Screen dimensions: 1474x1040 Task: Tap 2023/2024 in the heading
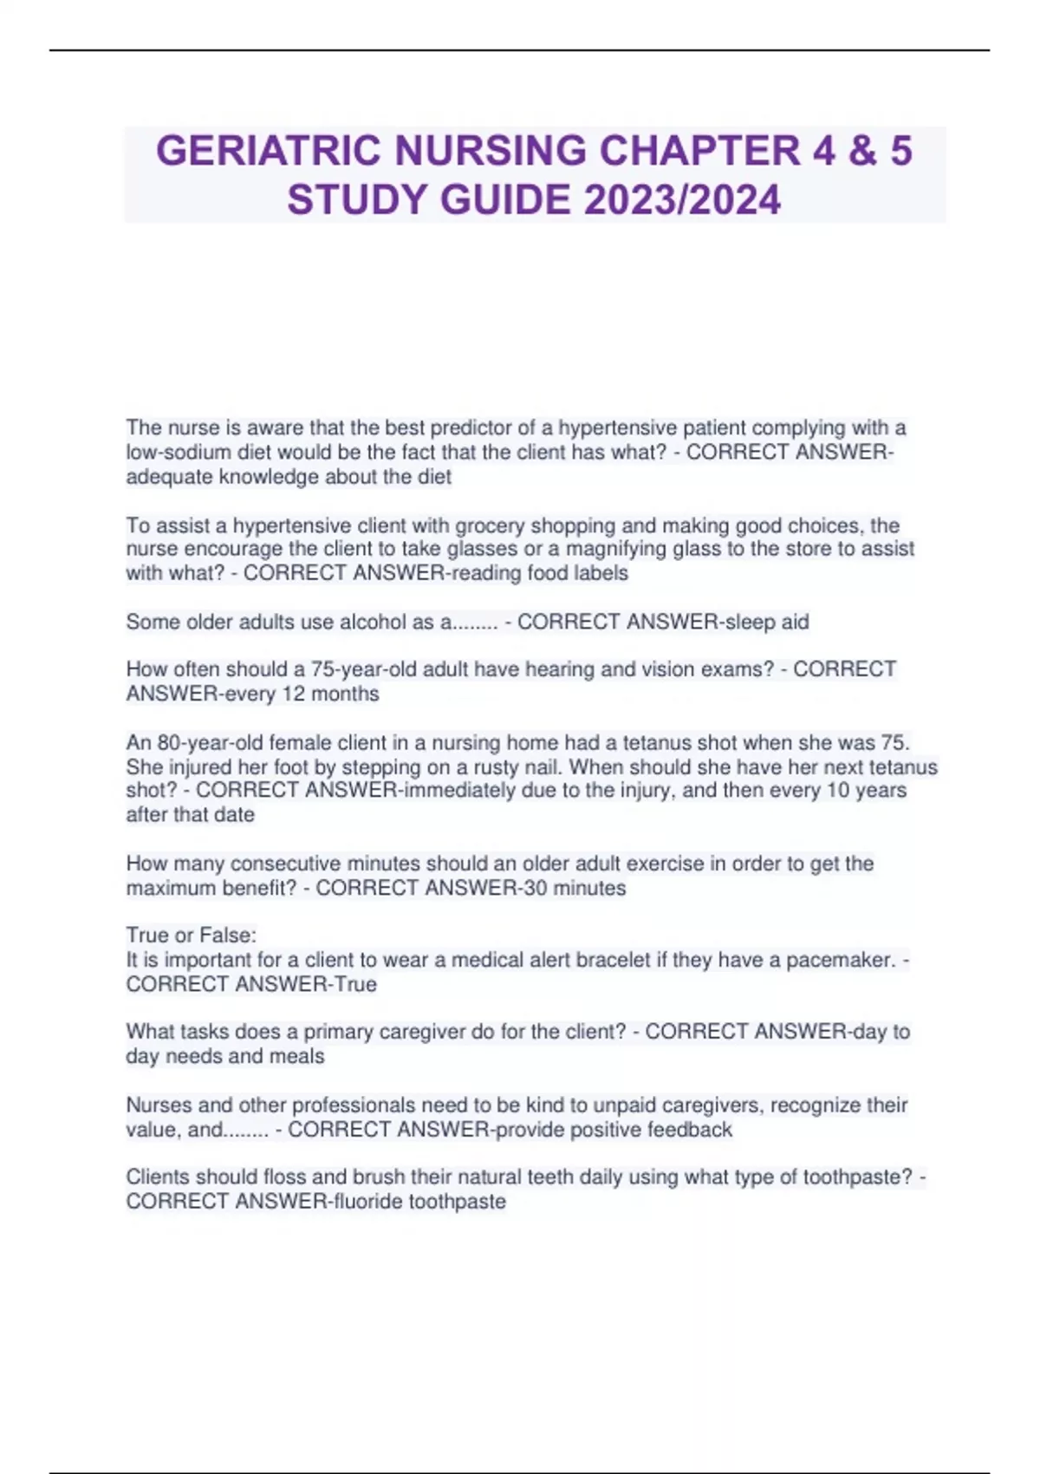click(682, 199)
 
